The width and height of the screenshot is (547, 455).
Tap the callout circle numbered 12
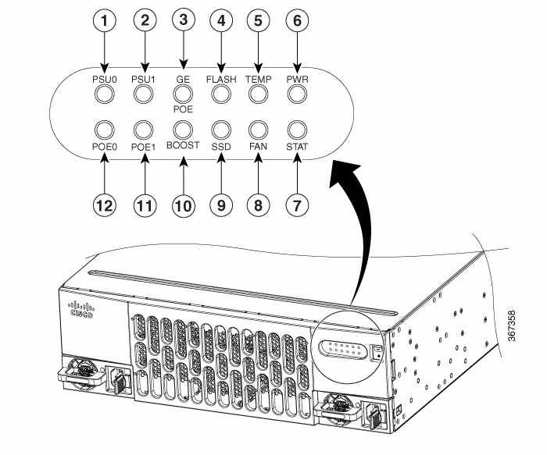104,205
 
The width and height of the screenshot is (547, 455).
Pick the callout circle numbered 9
221,205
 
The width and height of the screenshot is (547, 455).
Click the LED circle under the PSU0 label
104,94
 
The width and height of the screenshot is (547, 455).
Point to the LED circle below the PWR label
297,94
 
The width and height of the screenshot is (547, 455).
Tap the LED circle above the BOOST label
183,130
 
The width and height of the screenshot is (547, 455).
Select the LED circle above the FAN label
258,130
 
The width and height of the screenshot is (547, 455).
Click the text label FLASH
221,80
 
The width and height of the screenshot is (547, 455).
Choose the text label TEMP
258,80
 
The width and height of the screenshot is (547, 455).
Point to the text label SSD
221,147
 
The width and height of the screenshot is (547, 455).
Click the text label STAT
297,147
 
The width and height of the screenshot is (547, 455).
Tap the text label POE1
143,147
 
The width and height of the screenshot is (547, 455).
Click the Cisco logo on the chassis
82,310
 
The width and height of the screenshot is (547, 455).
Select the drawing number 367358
511,326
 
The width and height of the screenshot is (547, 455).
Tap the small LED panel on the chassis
343,348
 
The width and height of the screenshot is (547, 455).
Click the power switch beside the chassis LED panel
377,353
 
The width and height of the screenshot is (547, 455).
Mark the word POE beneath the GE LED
183,109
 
